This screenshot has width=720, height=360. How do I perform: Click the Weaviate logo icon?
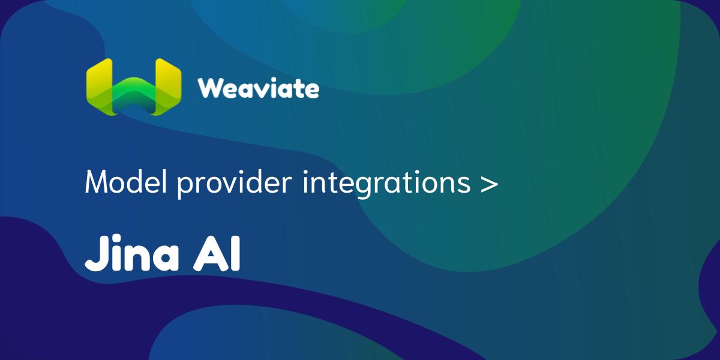click(x=133, y=88)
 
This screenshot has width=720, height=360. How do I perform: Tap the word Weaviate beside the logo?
click(x=258, y=88)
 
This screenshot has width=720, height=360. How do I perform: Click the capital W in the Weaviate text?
click(x=211, y=88)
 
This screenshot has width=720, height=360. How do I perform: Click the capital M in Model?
click(x=99, y=182)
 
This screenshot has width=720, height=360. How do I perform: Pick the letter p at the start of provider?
click(x=184, y=185)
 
